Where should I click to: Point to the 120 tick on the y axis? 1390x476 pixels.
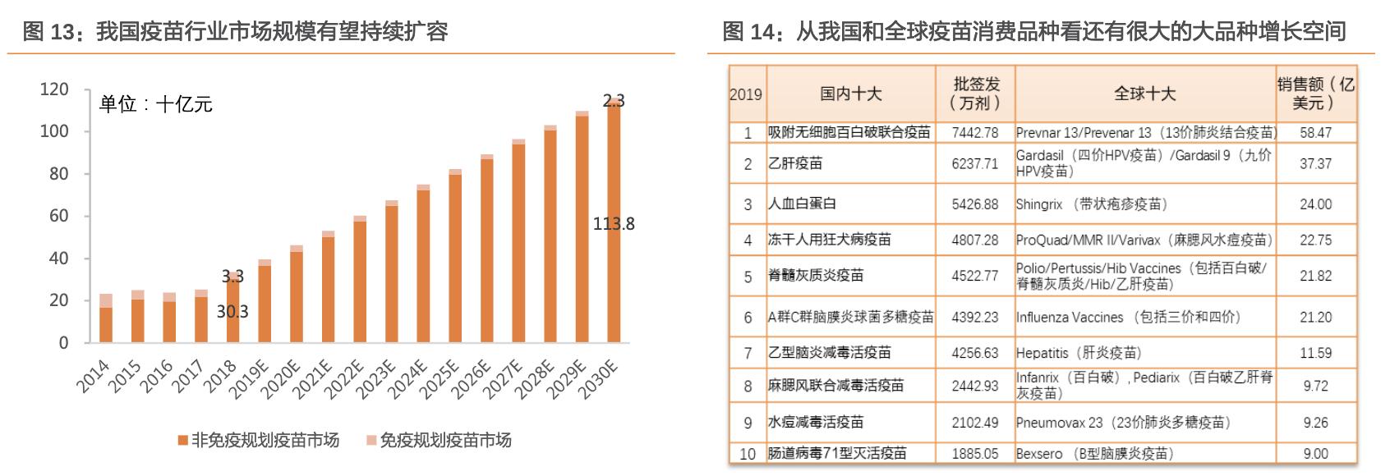pos(54,89)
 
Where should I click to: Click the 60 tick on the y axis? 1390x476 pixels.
pos(58,216)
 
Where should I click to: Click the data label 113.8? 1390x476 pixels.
pos(614,223)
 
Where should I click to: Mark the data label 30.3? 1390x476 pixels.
pos(232,312)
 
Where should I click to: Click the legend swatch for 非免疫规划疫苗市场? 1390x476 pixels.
pos(183,441)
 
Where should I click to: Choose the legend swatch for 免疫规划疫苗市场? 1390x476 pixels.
pos(371,441)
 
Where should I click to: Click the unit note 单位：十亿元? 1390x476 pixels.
pos(156,104)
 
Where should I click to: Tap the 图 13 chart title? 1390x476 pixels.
pos(235,31)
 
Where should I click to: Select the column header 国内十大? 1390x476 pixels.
pos(850,94)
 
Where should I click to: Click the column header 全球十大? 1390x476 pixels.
pos(1144,94)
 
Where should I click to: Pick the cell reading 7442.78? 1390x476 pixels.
pos(975,132)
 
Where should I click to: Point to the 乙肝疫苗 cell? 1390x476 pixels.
pos(795,163)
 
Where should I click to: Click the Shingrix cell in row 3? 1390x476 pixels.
pos(1091,204)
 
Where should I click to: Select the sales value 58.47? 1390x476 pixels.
pos(1315,132)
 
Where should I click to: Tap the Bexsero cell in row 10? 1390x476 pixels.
pos(1094,453)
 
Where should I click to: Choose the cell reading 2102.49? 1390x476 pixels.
pos(975,423)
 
